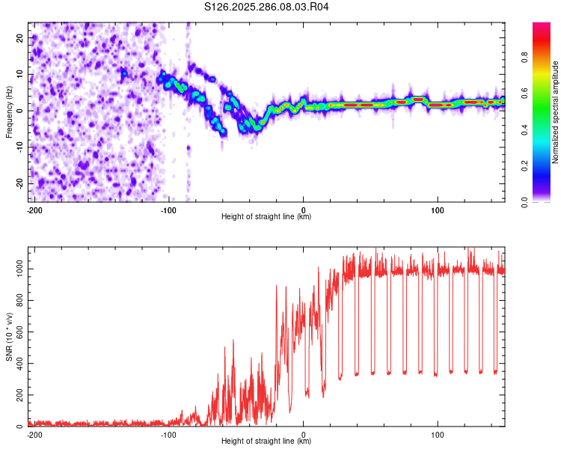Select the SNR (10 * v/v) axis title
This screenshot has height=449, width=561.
coord(9,337)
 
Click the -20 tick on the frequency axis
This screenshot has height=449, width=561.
coord(19,183)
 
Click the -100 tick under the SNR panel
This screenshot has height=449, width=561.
coord(168,435)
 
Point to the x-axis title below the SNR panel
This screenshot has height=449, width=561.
coord(266,442)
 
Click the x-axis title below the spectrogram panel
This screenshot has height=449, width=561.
coord(266,217)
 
